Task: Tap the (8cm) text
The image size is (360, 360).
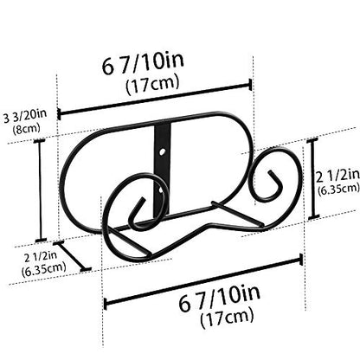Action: [26, 128]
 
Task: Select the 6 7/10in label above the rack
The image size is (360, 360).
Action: [143, 63]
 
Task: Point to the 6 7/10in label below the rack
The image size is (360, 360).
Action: [219, 297]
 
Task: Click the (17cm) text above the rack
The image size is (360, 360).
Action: [152, 83]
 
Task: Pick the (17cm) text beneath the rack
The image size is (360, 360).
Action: [227, 317]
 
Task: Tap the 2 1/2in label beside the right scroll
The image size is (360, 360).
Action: [337, 176]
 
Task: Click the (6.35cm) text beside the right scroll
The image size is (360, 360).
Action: [338, 189]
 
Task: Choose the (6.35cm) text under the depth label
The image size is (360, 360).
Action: [43, 269]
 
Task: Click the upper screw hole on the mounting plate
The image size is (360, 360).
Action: [163, 151]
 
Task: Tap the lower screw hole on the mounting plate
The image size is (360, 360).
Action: [161, 190]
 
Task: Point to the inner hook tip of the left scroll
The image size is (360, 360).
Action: [143, 199]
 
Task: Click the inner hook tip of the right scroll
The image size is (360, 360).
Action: [270, 172]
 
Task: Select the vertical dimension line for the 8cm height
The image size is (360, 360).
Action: [40, 190]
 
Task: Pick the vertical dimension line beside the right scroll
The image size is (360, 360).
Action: [312, 178]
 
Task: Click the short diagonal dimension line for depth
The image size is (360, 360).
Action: [72, 256]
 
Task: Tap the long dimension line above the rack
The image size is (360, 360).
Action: [155, 99]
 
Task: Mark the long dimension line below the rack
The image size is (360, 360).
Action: [203, 282]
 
